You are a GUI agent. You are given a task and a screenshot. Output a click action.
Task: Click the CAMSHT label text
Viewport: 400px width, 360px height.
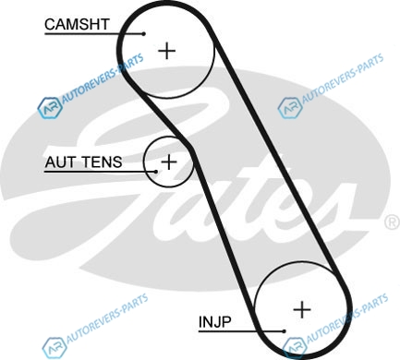[77, 24]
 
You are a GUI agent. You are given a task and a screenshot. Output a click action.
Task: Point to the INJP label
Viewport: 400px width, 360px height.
[214, 322]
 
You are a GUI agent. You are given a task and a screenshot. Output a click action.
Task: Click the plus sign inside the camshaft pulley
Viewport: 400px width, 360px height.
[166, 51]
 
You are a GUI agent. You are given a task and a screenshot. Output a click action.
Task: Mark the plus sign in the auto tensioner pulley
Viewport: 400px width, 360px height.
[169, 162]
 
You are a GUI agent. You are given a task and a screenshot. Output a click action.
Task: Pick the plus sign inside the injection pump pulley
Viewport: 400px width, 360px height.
[302, 309]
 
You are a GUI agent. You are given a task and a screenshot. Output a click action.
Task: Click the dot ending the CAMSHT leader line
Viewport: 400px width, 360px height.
[144, 34]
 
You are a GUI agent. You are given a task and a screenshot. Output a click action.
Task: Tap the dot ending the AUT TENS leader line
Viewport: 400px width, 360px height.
[156, 172]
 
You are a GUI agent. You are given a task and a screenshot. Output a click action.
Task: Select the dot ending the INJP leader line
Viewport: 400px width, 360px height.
[284, 331]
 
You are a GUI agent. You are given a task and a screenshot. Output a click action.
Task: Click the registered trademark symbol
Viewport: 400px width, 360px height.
[393, 222]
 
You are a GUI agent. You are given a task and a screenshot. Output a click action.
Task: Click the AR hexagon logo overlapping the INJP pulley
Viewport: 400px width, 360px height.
[295, 348]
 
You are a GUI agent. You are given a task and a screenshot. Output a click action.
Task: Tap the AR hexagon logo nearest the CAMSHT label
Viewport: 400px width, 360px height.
[50, 108]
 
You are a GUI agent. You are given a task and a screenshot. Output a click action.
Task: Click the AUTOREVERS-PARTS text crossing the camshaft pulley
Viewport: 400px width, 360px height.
[103, 78]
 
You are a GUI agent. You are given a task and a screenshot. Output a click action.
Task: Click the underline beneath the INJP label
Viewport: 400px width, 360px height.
[241, 331]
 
